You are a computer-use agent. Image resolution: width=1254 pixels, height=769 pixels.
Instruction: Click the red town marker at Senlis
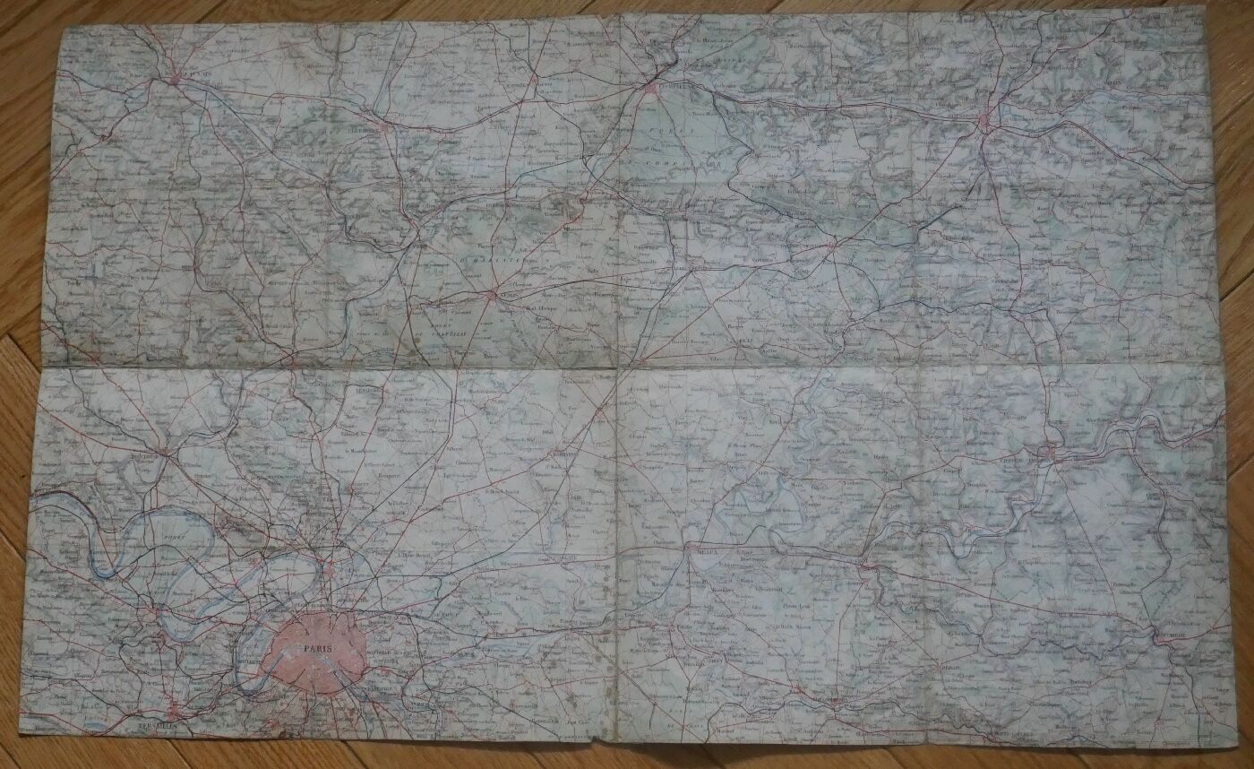pyautogui.click(x=492, y=293)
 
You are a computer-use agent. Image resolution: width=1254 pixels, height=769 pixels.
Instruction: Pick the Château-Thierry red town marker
pyautogui.click(x=1049, y=453)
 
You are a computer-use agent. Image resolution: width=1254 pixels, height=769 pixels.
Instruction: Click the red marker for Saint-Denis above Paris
pyautogui.click(x=331, y=569)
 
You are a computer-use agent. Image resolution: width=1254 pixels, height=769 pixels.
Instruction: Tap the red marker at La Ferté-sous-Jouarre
pyautogui.click(x=865, y=564)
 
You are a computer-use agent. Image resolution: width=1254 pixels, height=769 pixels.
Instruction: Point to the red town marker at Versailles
pyautogui.click(x=171, y=704)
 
